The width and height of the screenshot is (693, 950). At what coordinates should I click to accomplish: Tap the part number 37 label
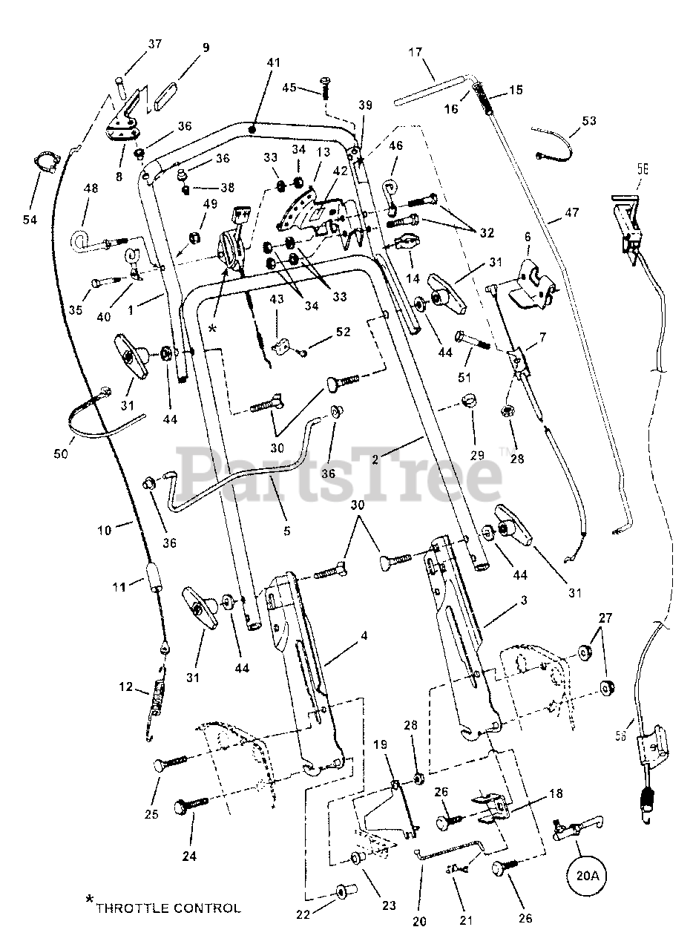(155, 44)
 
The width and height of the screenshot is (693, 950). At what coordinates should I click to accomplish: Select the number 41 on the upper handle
(274, 62)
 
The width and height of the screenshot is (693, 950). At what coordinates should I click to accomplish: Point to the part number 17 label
(416, 52)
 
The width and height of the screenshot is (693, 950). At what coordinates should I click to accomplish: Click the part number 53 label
(588, 120)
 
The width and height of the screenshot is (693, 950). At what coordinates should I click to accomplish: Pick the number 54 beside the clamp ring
(30, 219)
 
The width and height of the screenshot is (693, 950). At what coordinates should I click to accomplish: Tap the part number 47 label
(571, 212)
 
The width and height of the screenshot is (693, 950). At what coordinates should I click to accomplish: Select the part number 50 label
(61, 453)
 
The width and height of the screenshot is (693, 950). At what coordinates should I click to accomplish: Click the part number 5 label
(286, 531)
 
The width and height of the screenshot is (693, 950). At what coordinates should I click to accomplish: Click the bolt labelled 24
(191, 804)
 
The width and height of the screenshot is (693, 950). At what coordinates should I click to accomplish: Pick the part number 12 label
(125, 687)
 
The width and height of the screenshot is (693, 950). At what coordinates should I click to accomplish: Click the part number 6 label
(528, 237)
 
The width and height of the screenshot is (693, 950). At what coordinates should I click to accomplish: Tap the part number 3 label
(525, 600)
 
